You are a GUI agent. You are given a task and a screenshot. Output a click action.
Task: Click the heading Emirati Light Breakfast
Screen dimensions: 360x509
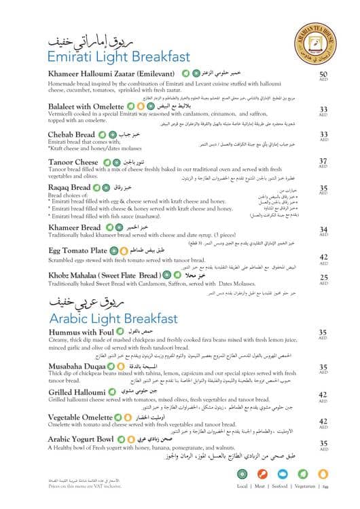point(121,55)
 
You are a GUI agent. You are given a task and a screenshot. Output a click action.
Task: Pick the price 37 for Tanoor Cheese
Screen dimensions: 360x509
point(323,162)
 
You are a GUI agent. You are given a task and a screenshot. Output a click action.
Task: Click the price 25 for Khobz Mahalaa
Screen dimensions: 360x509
point(323,277)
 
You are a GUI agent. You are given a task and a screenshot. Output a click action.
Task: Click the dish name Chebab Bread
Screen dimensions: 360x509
point(72,134)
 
